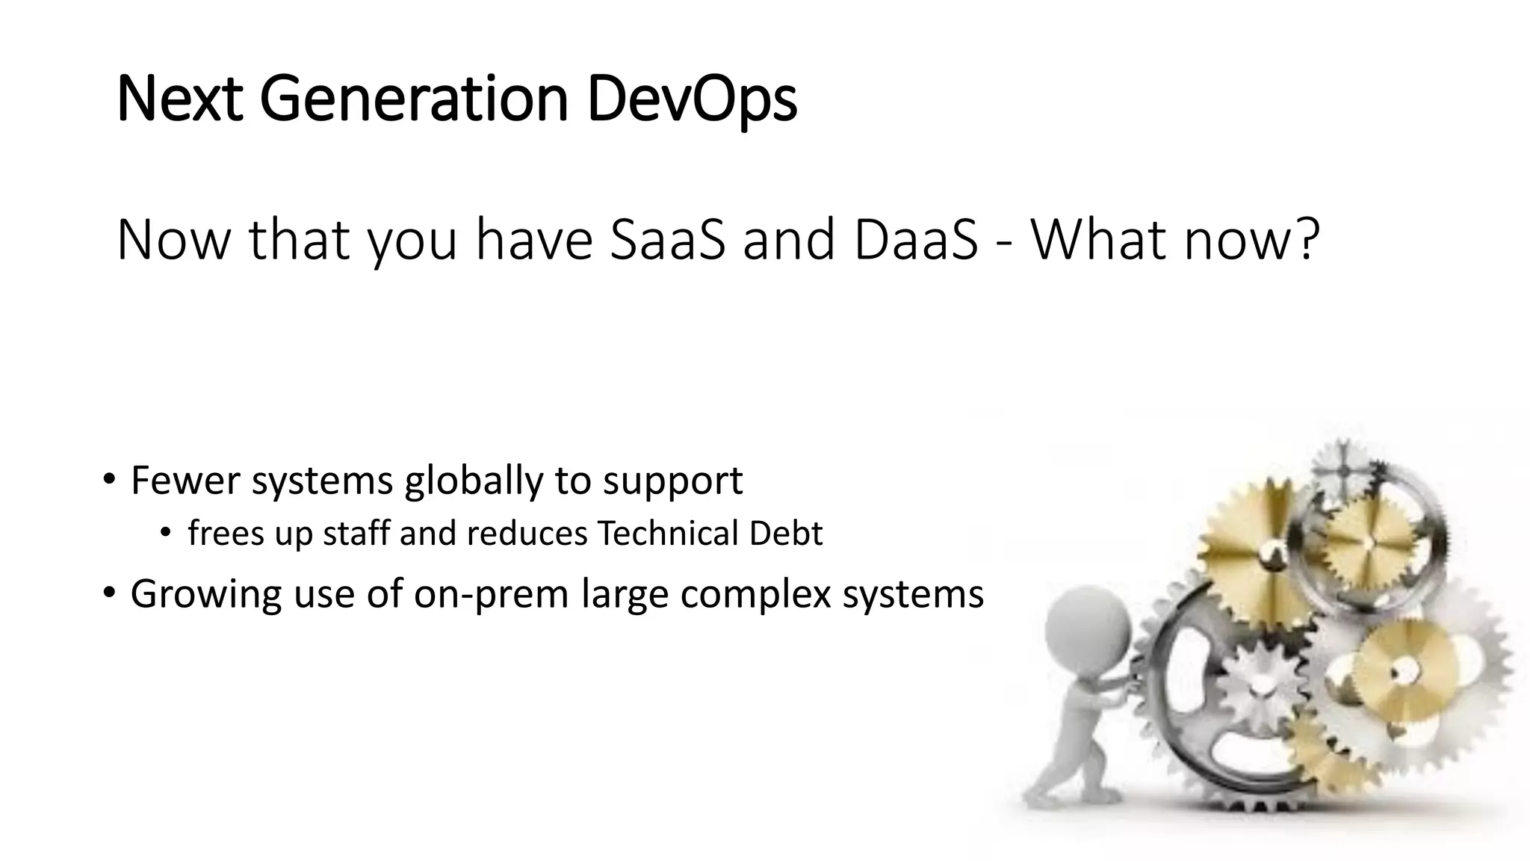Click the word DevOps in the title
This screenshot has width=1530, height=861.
coord(692,99)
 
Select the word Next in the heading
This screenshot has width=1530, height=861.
coord(180,99)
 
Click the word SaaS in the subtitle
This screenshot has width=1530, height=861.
coord(667,240)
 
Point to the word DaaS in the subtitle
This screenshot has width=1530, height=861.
coord(915,240)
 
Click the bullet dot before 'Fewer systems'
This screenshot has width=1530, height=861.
coord(110,479)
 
